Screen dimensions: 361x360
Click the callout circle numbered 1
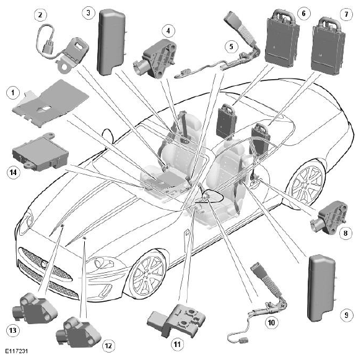click(x=13, y=92)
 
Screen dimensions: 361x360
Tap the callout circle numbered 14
click(x=14, y=172)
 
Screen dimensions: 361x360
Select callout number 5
click(x=231, y=46)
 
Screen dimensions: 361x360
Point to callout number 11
click(x=177, y=344)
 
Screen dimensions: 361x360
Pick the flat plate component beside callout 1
click(x=51, y=103)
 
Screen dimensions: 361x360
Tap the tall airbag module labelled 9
click(x=322, y=288)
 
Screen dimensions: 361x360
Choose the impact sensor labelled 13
click(x=35, y=308)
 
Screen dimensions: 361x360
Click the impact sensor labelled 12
click(x=78, y=332)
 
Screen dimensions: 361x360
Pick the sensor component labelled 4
click(x=154, y=59)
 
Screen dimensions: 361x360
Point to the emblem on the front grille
click(x=44, y=264)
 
